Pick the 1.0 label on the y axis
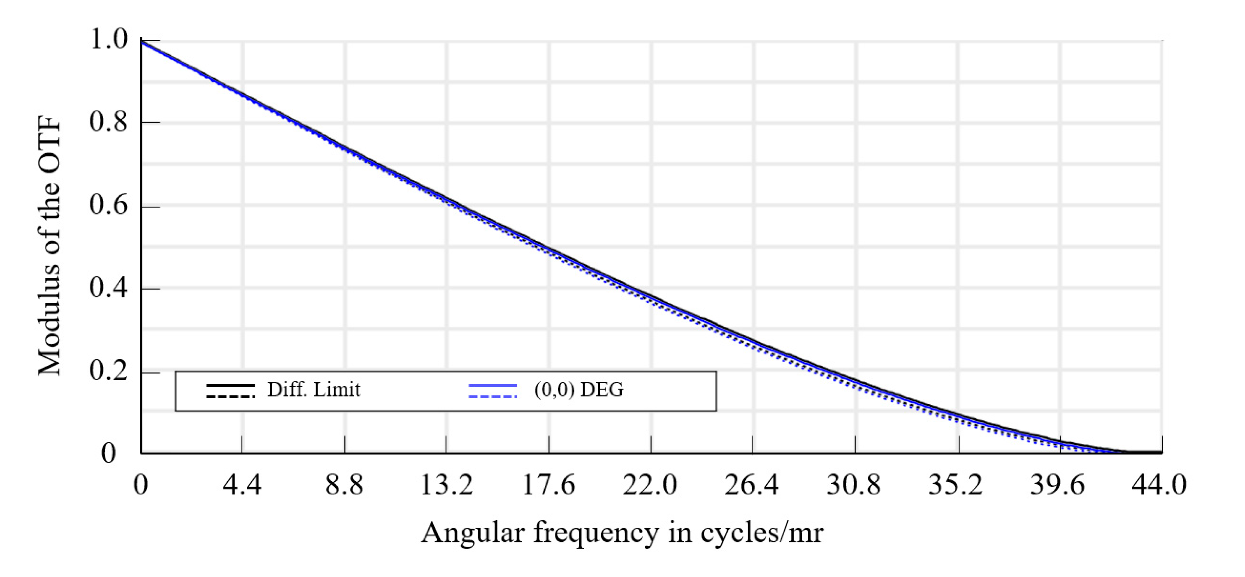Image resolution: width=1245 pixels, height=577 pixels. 109,39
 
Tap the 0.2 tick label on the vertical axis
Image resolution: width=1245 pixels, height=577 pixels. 109,371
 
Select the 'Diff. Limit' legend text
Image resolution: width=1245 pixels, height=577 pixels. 314,390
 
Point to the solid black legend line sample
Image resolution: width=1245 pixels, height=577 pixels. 230,385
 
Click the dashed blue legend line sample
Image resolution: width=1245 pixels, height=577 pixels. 492,397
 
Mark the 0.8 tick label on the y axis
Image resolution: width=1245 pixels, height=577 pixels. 109,122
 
